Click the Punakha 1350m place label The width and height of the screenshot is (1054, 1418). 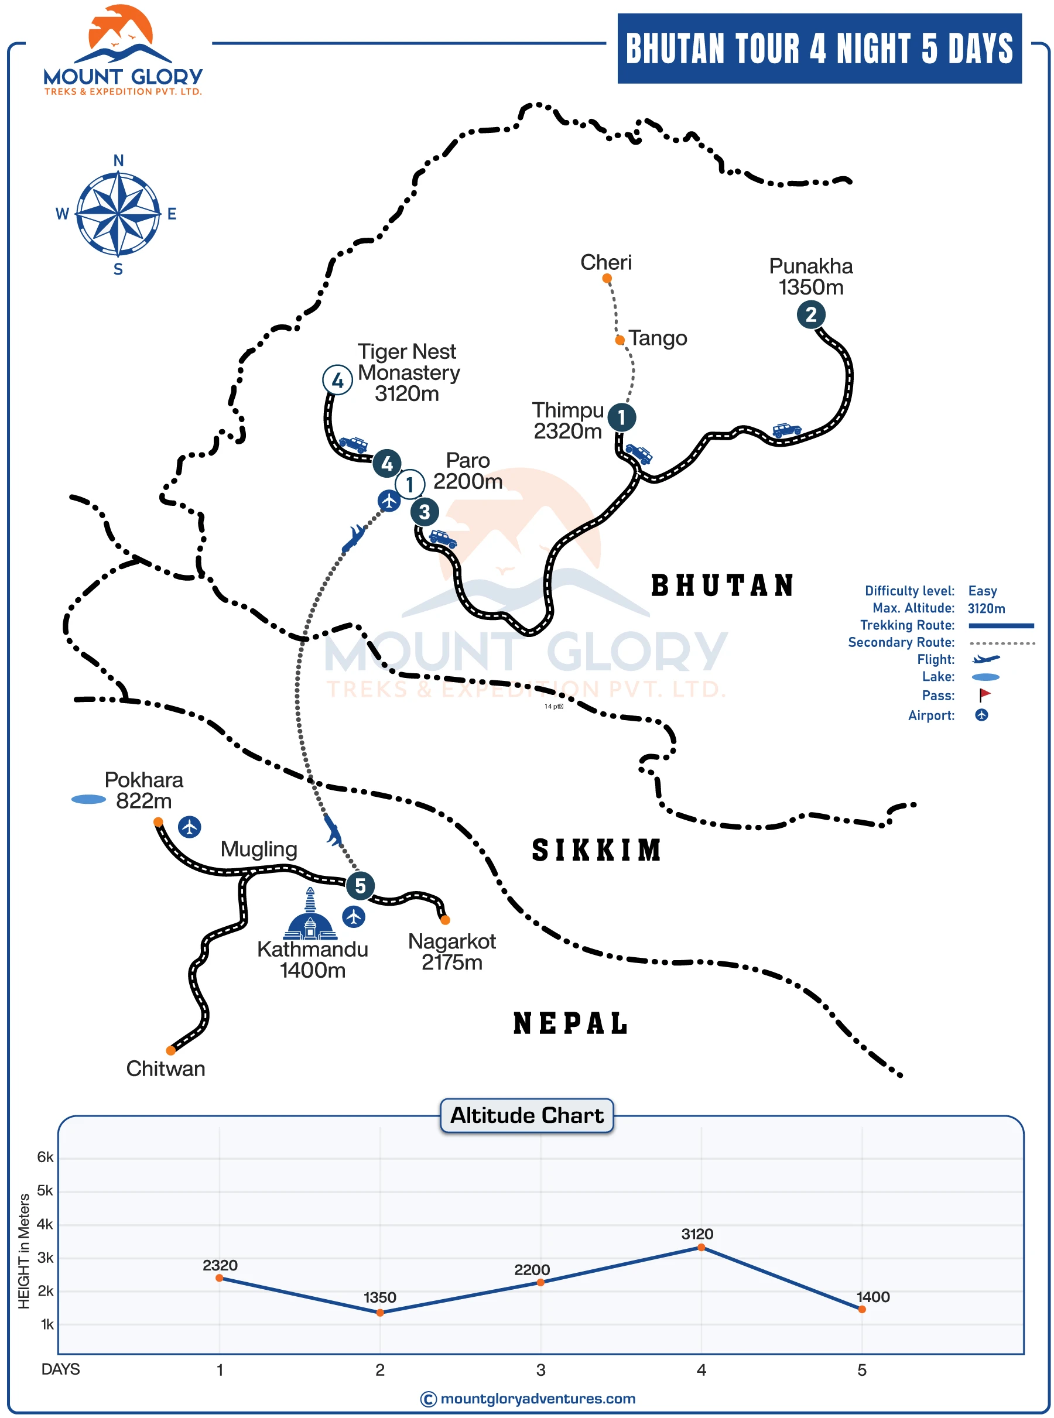810,276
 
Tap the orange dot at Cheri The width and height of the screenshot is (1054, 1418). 607,278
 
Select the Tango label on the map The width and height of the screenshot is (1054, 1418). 658,337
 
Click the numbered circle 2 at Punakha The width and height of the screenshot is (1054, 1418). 810,314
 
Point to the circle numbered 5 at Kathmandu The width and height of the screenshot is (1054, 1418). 360,885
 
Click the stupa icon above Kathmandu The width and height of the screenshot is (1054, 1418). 310,914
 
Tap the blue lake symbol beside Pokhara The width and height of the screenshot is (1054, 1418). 88,799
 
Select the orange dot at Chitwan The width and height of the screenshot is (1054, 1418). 171,1050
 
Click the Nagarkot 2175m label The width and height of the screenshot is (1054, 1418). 451,951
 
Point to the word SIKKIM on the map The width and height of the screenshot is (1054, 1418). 597,850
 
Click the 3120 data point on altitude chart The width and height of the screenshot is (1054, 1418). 701,1247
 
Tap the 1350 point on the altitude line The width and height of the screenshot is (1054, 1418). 380,1312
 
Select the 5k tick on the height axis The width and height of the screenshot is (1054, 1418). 45,1190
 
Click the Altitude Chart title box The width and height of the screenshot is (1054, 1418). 527,1115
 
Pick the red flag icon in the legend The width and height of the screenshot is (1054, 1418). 984,694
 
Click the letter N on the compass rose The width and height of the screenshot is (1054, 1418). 119,160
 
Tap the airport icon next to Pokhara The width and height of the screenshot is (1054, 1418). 190,827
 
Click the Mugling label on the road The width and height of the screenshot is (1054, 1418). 259,849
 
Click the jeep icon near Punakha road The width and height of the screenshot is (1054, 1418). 786,429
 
